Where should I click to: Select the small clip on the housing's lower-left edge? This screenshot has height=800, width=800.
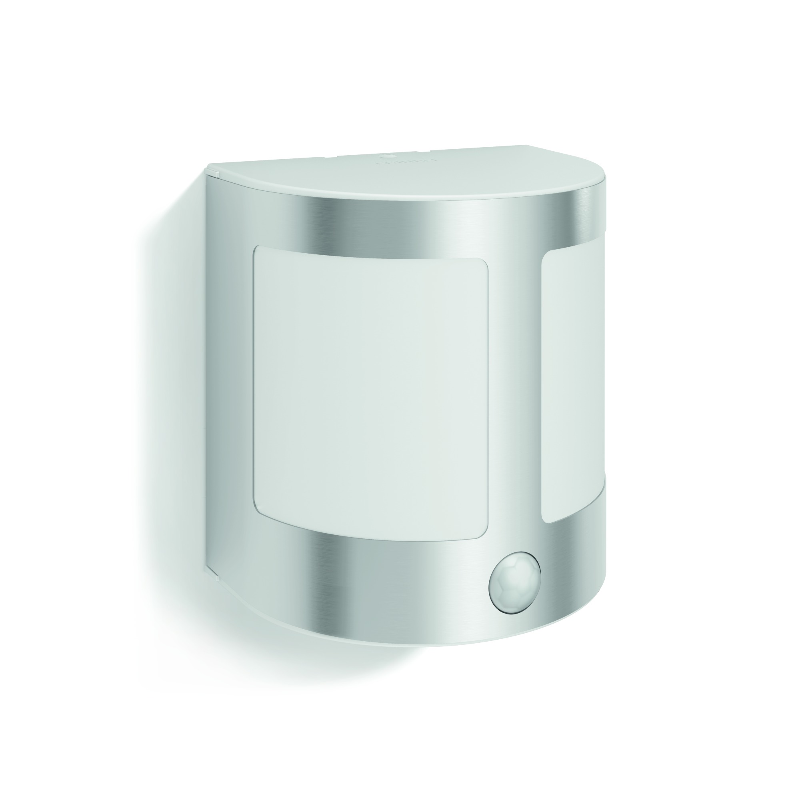pyautogui.click(x=216, y=574)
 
